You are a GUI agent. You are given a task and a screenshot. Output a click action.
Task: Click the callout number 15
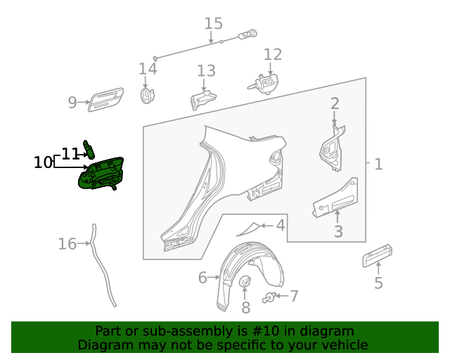[213, 23]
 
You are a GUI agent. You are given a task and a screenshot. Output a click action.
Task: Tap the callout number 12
[272, 55]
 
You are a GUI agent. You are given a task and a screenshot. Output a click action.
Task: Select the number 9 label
[72, 103]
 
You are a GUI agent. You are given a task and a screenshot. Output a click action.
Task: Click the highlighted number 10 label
[43, 162]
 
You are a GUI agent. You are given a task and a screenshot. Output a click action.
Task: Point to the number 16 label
[67, 244]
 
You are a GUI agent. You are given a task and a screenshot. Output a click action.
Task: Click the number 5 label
[378, 283]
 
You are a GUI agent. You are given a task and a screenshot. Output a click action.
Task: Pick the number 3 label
[338, 231]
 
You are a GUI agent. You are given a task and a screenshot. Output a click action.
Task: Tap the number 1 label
[378, 165]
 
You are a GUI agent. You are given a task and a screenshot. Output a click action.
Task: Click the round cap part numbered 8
[245, 283]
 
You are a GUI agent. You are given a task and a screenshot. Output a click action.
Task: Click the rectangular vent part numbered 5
[377, 257]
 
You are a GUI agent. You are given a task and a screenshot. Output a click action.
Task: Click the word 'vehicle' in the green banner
[342, 345]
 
